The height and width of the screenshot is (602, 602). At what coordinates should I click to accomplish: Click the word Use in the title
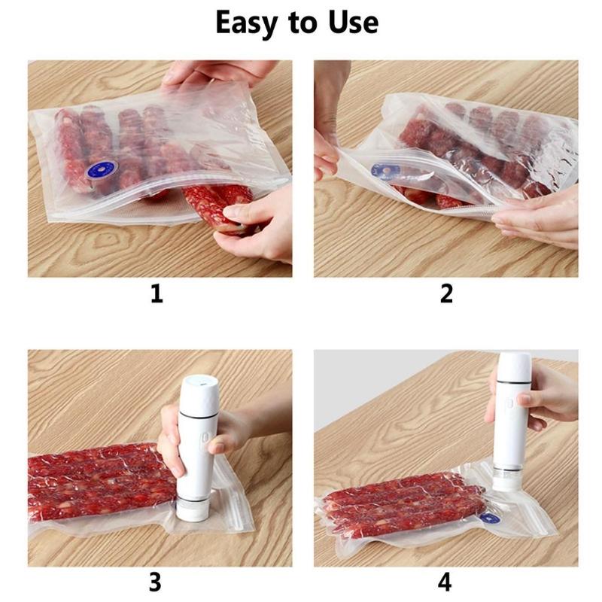353,23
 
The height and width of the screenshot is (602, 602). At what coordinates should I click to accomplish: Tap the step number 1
157,293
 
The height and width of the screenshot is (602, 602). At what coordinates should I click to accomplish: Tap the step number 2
446,293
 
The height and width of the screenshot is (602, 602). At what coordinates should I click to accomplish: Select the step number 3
156,582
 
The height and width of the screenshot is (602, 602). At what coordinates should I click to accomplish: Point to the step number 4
445,582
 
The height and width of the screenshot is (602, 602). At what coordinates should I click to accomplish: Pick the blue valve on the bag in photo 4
490,518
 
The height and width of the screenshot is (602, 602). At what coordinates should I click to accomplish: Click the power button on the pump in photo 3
208,439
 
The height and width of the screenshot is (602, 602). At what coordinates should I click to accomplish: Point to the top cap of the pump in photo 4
515,366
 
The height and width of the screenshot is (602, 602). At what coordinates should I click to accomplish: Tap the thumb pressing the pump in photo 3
217,446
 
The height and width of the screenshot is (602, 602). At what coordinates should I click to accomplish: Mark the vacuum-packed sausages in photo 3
102,482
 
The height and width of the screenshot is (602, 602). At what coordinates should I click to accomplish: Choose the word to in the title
303,23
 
